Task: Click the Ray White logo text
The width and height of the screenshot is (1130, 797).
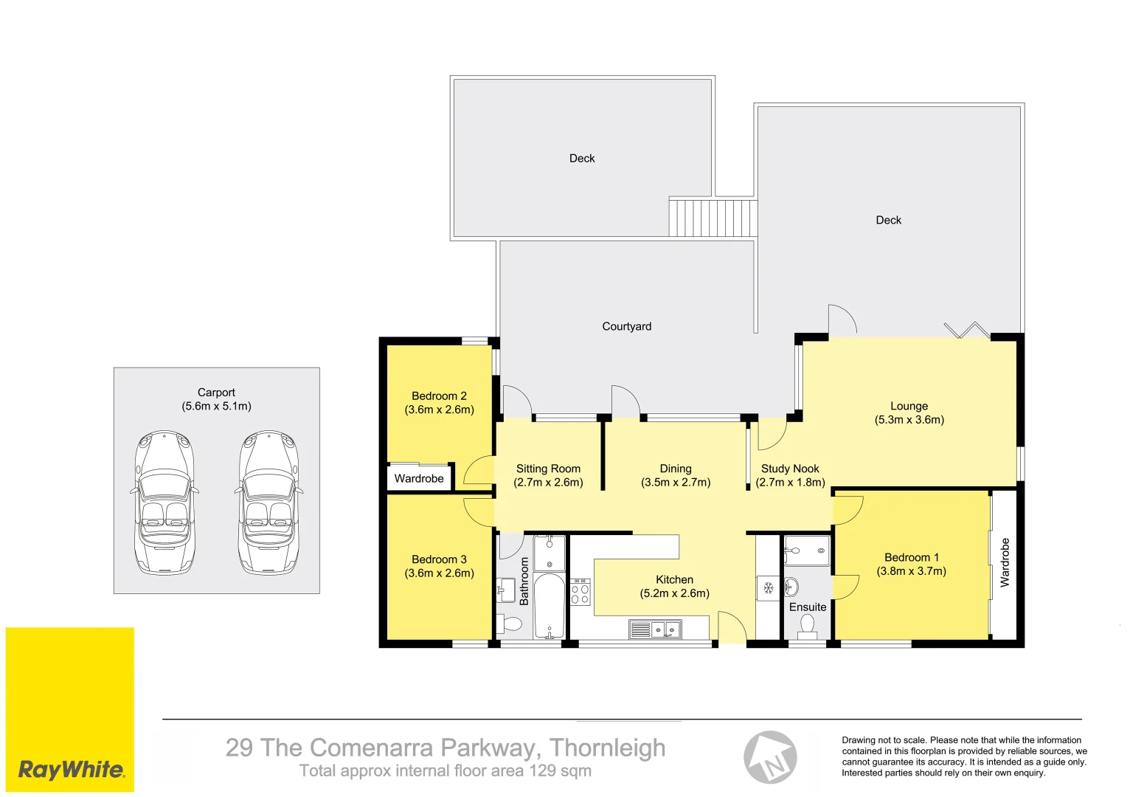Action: (x=71, y=770)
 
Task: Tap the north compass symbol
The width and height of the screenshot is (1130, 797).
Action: (x=770, y=758)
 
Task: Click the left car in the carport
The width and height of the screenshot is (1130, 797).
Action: (x=164, y=503)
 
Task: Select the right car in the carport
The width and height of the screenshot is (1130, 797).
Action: (x=269, y=503)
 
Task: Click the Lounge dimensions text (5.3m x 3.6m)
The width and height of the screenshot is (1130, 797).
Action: (x=909, y=420)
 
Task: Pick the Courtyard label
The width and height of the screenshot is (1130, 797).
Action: (x=627, y=326)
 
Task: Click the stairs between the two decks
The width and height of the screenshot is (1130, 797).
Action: (x=713, y=218)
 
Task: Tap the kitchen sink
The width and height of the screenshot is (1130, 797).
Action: (x=655, y=629)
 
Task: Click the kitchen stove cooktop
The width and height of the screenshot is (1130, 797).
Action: (x=580, y=592)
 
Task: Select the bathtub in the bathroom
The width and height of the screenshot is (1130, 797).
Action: (x=550, y=606)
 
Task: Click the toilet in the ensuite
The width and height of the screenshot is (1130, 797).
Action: (x=807, y=626)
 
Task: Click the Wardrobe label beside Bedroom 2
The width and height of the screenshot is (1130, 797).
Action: (x=419, y=478)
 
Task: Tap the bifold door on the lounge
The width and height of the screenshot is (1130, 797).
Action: (x=968, y=330)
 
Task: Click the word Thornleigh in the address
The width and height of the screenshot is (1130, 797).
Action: (x=607, y=748)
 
